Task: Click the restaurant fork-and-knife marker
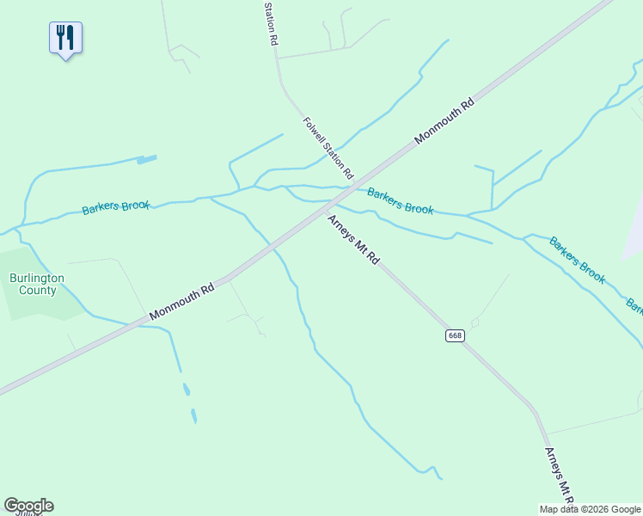coord(65,39)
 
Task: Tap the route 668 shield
coord(455,335)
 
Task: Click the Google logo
coord(28,506)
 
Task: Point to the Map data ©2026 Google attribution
coord(591,509)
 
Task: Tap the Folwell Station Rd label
coord(328,148)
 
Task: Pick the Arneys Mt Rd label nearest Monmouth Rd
coord(352,239)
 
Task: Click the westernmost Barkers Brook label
coord(116,207)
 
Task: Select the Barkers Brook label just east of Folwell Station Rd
coord(400,201)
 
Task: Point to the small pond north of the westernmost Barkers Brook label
coord(147,159)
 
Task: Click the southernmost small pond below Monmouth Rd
coord(193,416)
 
